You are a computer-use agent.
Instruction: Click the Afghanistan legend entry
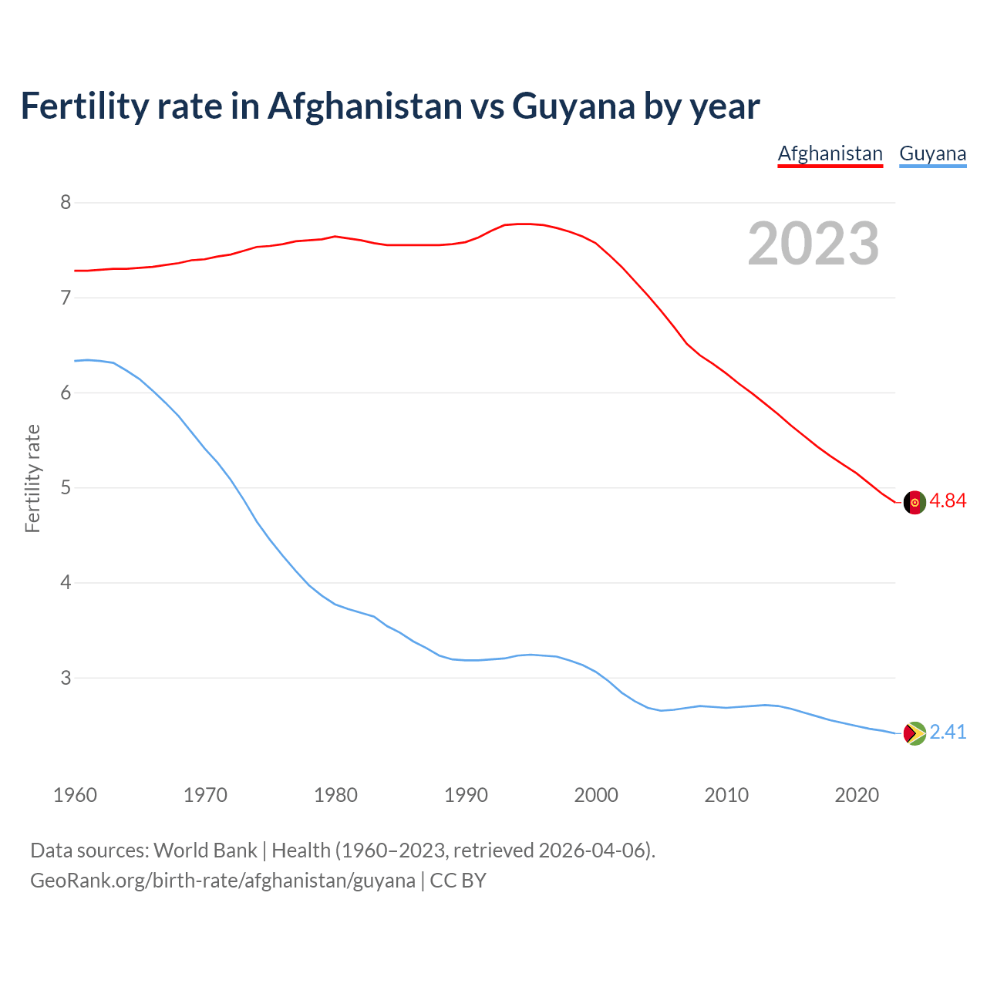[x=830, y=153]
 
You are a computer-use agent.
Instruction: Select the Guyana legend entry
[x=932, y=153]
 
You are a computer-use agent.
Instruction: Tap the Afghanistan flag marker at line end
[x=914, y=502]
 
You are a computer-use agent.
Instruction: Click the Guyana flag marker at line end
[x=914, y=733]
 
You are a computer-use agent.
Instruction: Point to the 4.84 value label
[x=948, y=501]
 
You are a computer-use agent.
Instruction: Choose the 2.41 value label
[x=948, y=733]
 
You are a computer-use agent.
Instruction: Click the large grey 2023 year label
[x=814, y=244]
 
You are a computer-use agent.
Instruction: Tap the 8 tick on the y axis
[x=66, y=203]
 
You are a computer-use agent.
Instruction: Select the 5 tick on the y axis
[x=66, y=488]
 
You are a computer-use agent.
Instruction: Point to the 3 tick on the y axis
[x=66, y=679]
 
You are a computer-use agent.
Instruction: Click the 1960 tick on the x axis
[x=75, y=795]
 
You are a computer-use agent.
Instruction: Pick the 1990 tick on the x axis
[x=466, y=795]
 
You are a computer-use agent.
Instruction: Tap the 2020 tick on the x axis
[x=857, y=795]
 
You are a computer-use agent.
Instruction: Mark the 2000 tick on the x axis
[x=596, y=795]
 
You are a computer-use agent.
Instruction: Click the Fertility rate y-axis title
[x=32, y=478]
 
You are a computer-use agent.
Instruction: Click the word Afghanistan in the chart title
[x=365, y=106]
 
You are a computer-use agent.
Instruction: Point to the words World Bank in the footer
[x=205, y=851]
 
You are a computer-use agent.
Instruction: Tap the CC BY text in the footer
[x=458, y=881]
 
